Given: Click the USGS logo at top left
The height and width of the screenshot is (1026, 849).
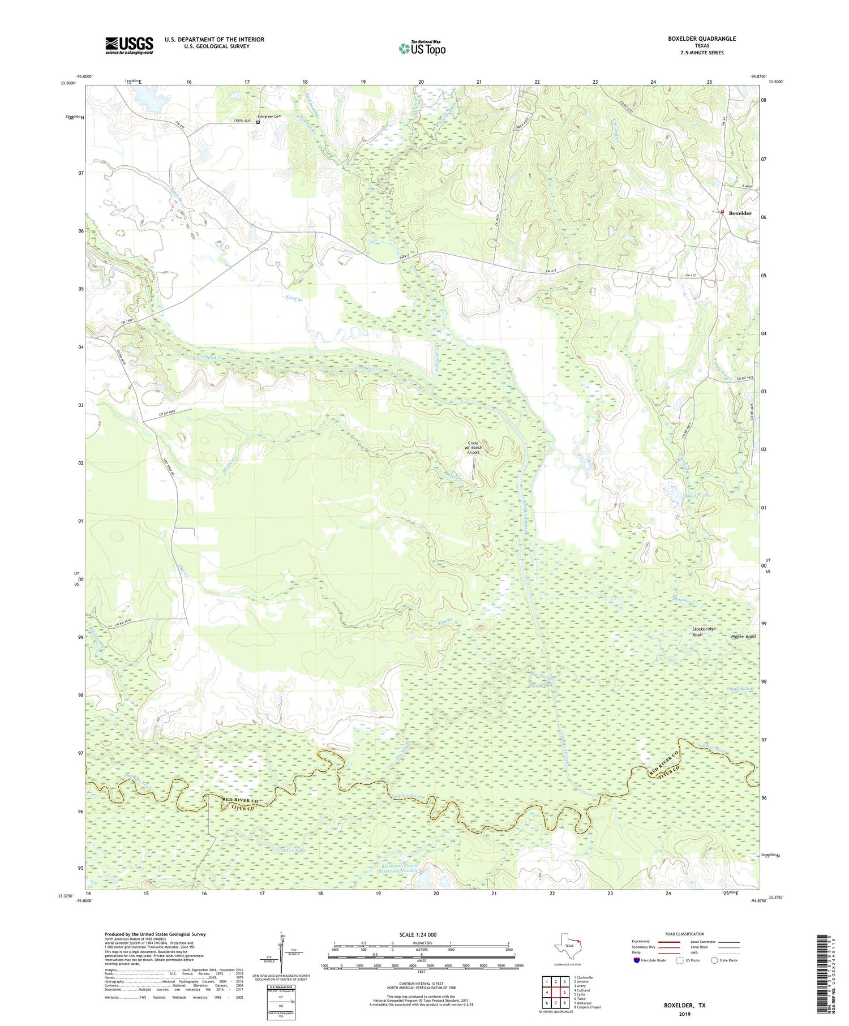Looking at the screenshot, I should [129, 45].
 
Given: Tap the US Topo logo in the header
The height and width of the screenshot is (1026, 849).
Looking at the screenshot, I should [422, 48].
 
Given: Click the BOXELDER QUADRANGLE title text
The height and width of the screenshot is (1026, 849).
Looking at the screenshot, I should [701, 38].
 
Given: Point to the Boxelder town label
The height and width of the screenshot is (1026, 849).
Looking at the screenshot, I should [740, 213].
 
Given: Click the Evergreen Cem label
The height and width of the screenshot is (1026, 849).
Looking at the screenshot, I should [269, 117].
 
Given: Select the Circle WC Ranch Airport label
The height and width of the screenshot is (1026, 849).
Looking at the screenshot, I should [472, 448].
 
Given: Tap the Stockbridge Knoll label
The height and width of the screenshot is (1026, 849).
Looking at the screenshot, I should [704, 632].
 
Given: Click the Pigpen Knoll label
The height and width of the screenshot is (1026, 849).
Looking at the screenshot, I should [743, 637].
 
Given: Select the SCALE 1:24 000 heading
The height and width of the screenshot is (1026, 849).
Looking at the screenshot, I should [421, 934].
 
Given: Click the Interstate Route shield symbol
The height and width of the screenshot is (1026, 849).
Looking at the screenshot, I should [637, 960].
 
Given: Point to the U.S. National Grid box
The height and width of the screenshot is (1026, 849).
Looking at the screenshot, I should [281, 1002].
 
